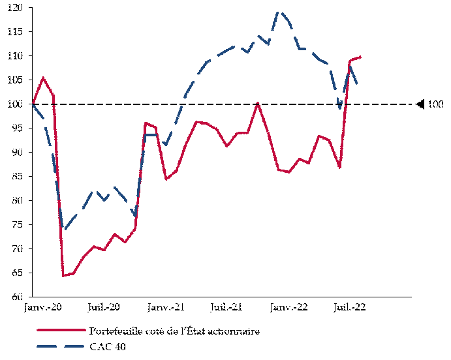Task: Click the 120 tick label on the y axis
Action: [x=16, y=8]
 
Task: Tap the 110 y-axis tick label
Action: [x=16, y=56]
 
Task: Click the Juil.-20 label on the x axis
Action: [x=104, y=307]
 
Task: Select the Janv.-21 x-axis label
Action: [x=165, y=307]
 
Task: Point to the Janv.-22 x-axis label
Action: [x=289, y=307]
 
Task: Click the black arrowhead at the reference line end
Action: [x=421, y=104]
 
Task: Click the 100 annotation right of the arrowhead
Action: [x=435, y=104]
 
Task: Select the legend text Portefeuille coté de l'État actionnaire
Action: [x=174, y=331]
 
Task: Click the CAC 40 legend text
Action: [x=108, y=346]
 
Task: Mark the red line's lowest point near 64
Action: [x=63, y=276]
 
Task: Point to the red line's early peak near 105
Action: [x=43, y=78]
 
